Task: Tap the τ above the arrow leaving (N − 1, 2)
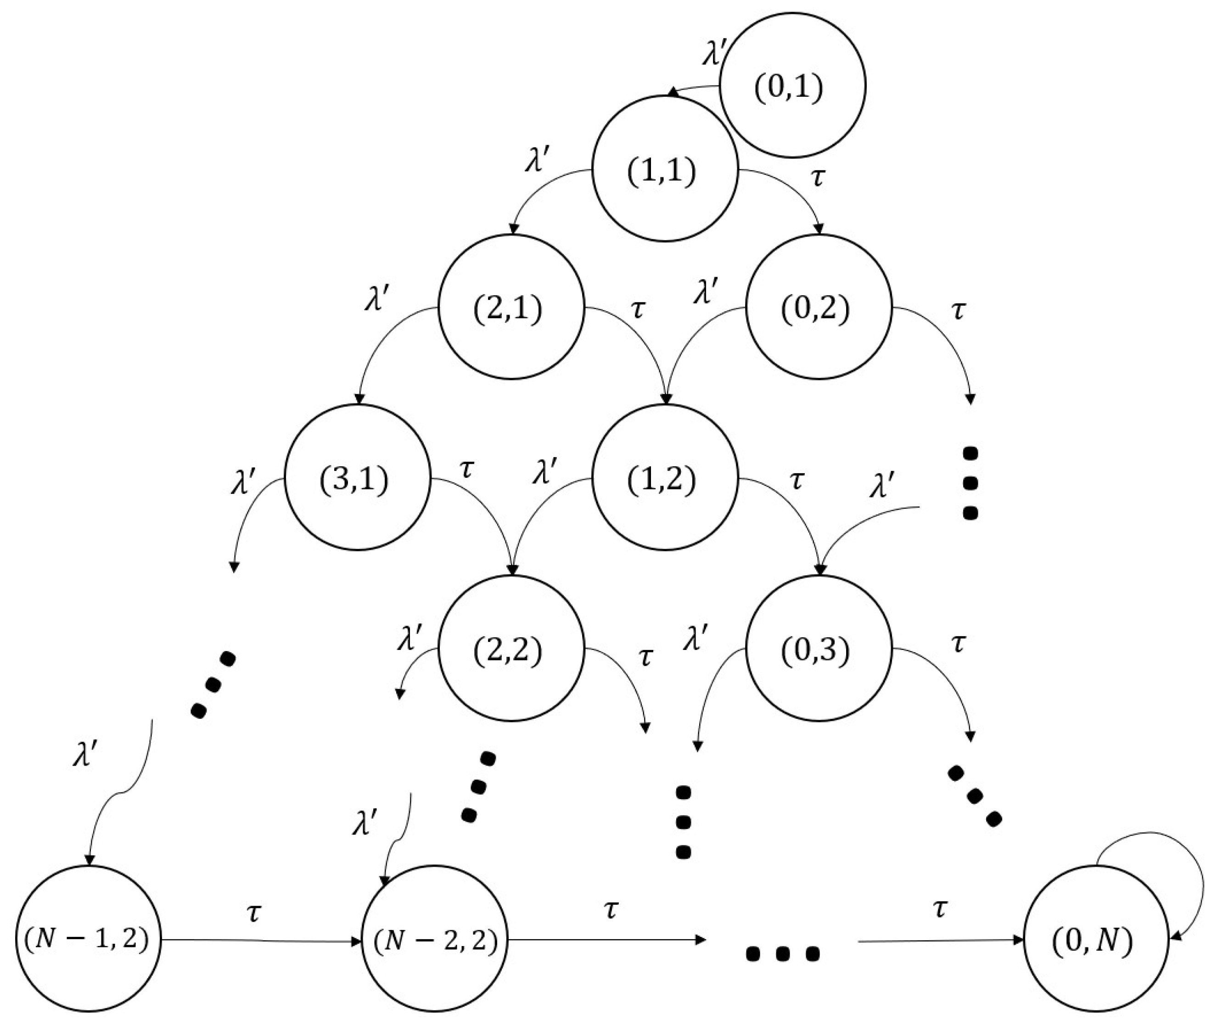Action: pos(253,913)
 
